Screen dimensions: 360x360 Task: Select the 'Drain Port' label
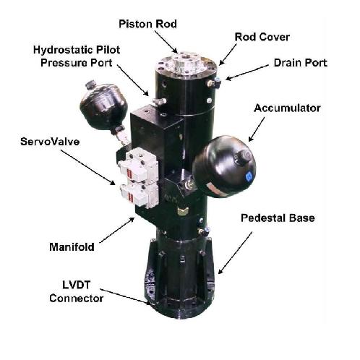click(x=301, y=63)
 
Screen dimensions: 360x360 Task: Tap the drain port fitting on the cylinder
click(x=215, y=85)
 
